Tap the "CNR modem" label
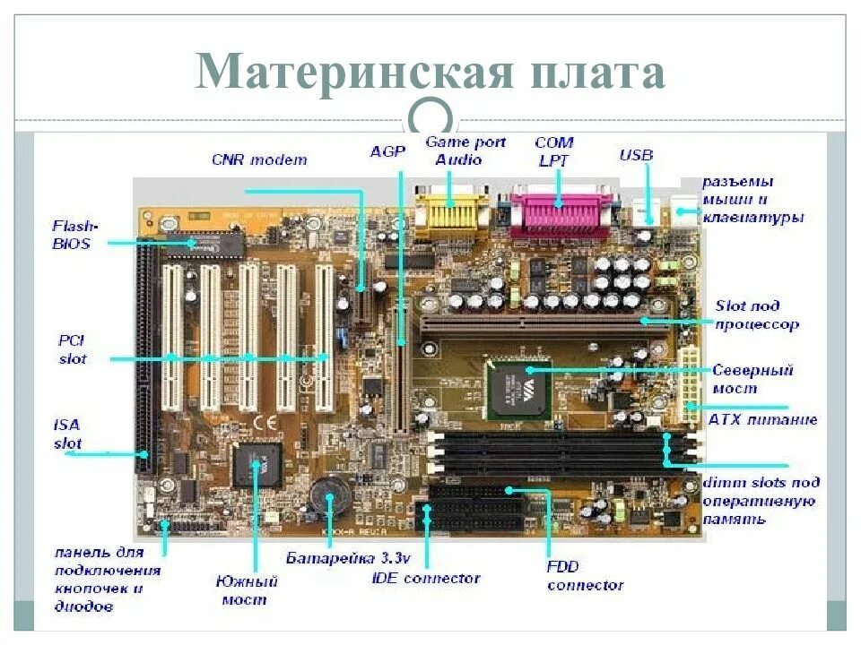[x=259, y=160]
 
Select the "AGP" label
[x=387, y=151]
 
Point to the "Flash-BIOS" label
[x=73, y=235]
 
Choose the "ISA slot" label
[x=66, y=434]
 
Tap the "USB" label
[x=636, y=156]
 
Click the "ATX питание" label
[x=762, y=419]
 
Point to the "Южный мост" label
[x=248, y=589]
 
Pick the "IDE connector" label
[x=425, y=579]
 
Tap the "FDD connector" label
[x=584, y=576]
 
